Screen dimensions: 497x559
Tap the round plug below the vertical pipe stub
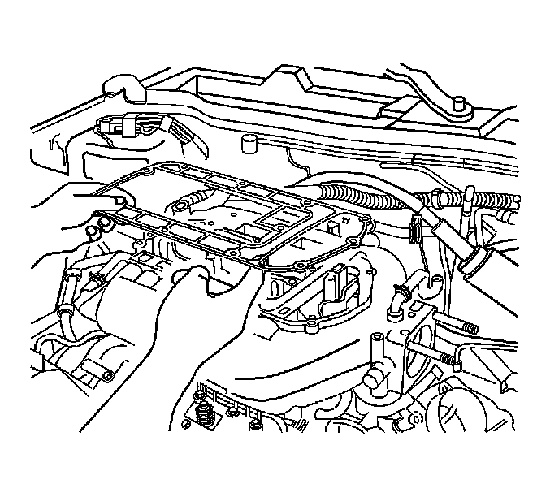pyautogui.click(x=373, y=378)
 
